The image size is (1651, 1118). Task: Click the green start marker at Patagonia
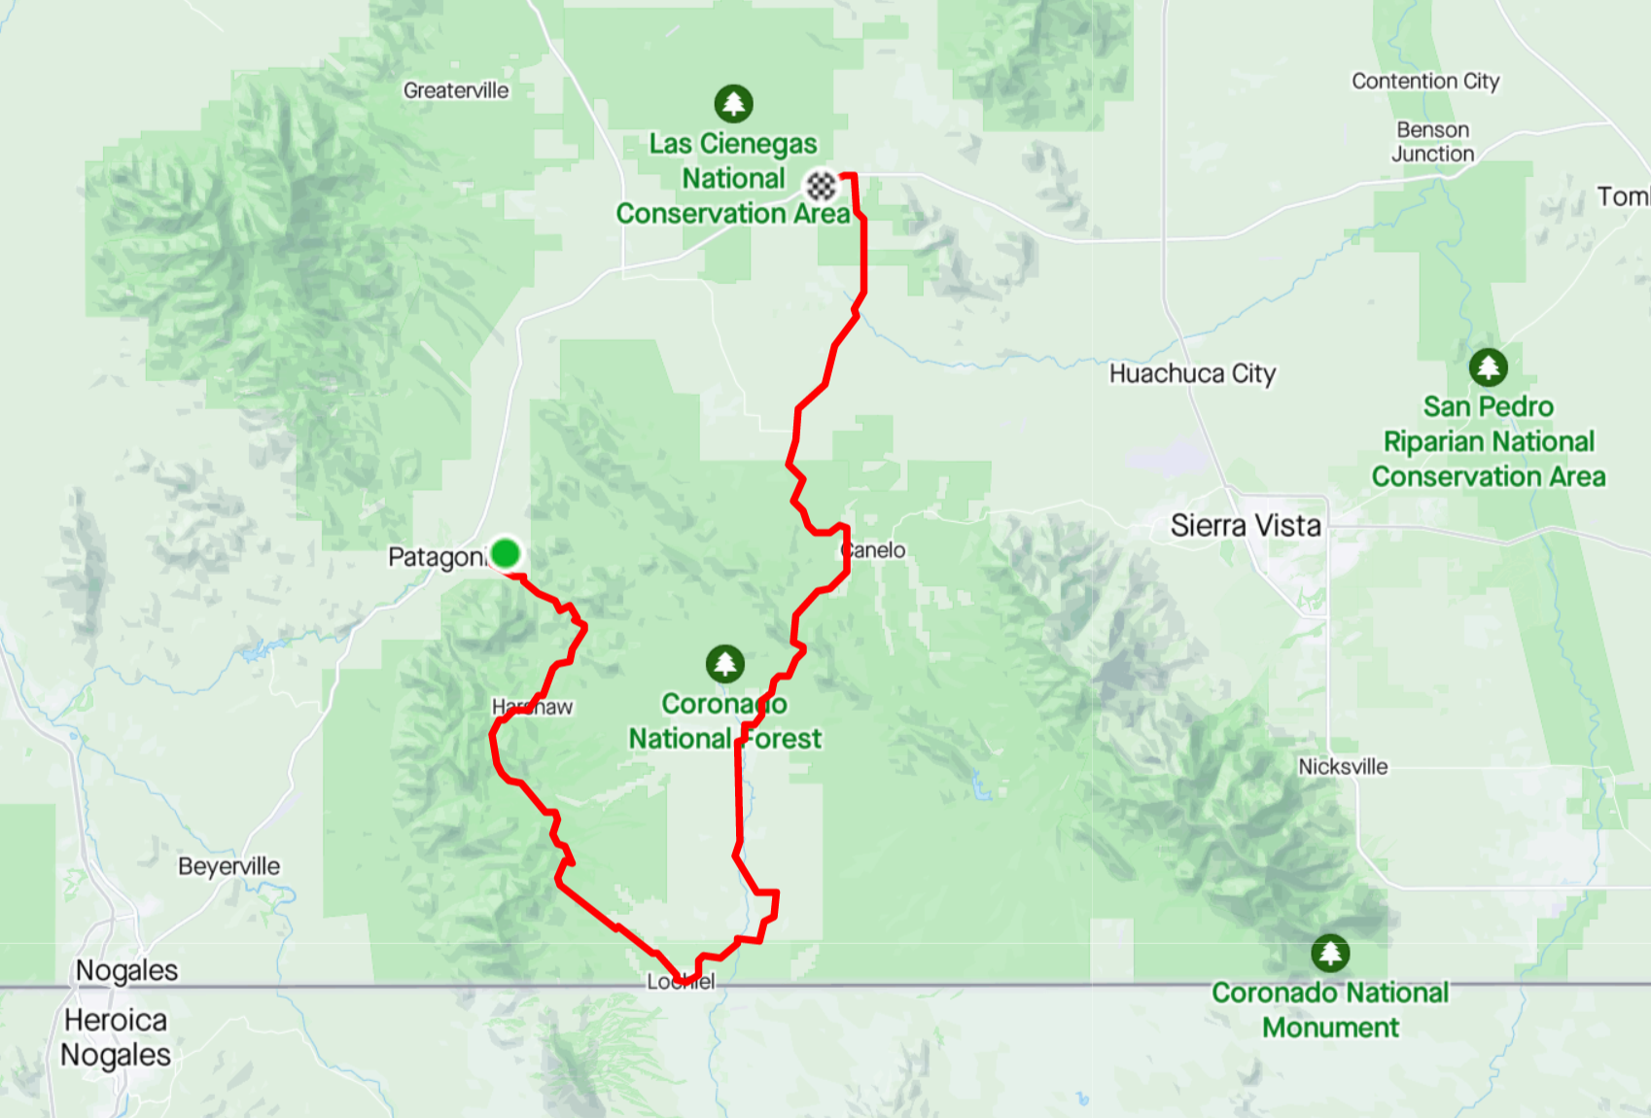[505, 553]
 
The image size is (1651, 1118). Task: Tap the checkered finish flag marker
[822, 185]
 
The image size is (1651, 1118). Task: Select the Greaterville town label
[456, 90]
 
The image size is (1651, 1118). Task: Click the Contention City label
[1425, 81]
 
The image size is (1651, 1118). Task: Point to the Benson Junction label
[1432, 142]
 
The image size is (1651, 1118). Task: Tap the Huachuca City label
[1192, 373]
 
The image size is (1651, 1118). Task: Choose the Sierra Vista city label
[1246, 526]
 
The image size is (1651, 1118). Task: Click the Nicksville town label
[1343, 766]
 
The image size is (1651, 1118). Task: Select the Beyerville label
[228, 866]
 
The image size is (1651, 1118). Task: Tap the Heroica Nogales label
[116, 1037]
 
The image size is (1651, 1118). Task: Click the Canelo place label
[874, 550]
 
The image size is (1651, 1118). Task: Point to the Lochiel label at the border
[681, 982]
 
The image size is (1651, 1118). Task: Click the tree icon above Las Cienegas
[733, 103]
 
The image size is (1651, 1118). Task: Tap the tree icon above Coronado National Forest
[724, 664]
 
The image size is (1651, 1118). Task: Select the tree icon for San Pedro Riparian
[1488, 367]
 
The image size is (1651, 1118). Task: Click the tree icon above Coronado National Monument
[1329, 953]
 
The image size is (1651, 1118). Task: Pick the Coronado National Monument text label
[1330, 1010]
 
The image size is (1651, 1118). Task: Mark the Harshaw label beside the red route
[532, 707]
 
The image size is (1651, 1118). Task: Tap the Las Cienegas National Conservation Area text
[733, 179]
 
